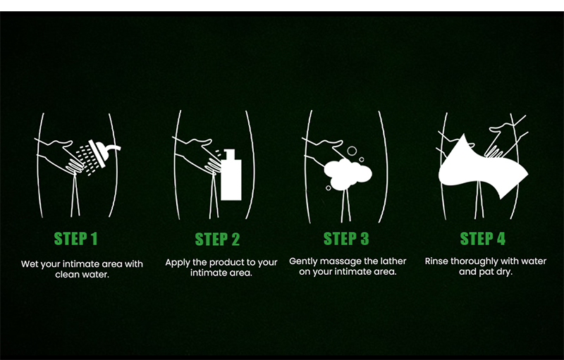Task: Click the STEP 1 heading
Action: [75, 239]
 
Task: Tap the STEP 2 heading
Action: [217, 240]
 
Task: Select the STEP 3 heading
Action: [346, 239]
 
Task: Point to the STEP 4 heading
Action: [483, 239]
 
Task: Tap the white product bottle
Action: [231, 175]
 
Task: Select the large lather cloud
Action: [348, 174]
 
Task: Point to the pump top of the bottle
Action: [229, 154]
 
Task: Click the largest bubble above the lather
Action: [352, 151]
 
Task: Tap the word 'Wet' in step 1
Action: [28, 264]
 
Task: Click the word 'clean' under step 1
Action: [66, 275]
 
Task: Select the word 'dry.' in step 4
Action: [504, 272]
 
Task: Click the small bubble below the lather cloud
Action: [329, 188]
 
